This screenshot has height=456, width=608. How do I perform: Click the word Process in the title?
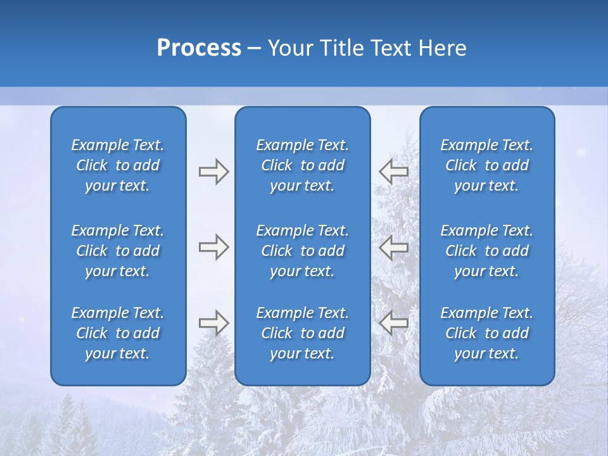pos(199,48)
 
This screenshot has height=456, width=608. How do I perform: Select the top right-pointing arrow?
pos(214,172)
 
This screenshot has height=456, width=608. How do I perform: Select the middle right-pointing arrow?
pos(214,247)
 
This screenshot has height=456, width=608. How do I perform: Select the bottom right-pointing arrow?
pos(214,323)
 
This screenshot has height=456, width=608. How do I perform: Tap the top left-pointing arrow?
pos(394,172)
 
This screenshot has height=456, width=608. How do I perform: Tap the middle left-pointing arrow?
pos(394,247)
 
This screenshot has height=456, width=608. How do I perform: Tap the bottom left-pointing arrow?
pos(394,323)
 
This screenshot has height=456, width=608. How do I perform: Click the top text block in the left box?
pos(118,165)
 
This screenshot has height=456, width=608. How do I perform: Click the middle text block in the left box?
pos(118,251)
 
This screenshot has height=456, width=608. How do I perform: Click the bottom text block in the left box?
pos(118,333)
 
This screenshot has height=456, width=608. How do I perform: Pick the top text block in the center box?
pos(303,165)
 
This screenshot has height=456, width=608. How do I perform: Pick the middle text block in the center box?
pos(303,251)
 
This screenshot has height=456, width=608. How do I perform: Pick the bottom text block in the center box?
pos(303,333)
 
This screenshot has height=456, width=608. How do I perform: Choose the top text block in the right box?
pos(487,165)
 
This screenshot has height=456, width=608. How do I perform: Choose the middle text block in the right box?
pos(487,251)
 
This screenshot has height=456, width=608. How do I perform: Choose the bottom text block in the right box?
pos(487,333)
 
